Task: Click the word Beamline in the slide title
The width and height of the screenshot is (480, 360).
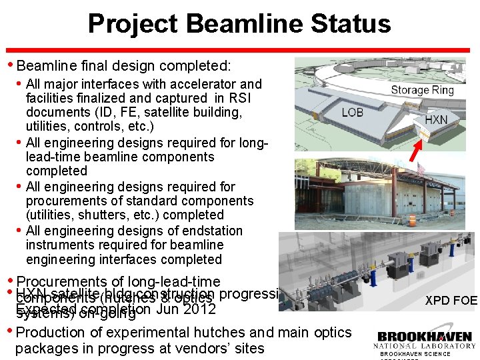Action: click(233, 24)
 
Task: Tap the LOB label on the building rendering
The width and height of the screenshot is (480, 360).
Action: click(353, 112)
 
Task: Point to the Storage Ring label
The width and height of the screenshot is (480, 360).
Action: click(422, 90)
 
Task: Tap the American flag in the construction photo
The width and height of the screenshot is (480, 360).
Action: click(421, 169)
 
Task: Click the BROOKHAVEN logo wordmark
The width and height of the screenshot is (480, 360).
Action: click(425, 336)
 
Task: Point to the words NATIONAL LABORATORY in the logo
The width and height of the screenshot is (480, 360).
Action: click(425, 346)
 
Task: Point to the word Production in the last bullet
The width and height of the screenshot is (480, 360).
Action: click(50, 332)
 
